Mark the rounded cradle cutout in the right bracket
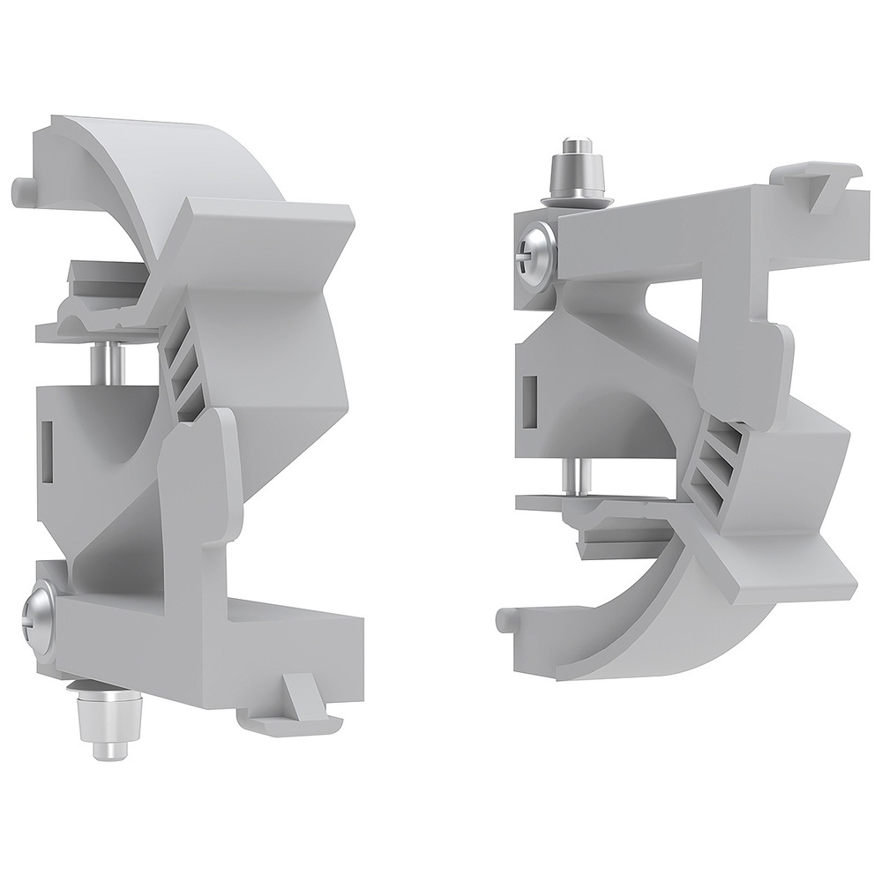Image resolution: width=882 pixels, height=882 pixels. coord(609,415)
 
